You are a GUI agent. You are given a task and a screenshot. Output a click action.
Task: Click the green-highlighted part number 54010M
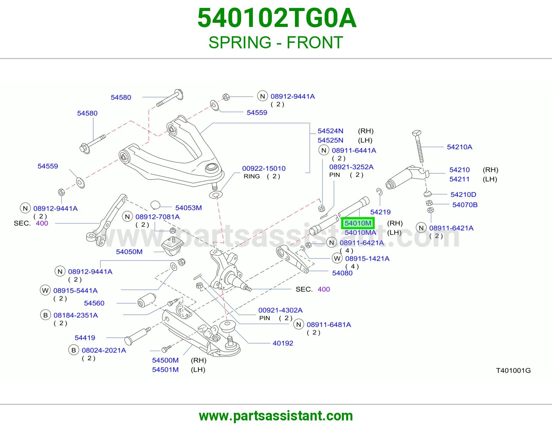[x=358, y=223]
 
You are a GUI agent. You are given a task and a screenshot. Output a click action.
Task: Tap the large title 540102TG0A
[x=277, y=18]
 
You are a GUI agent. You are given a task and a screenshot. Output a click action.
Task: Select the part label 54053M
[x=188, y=208]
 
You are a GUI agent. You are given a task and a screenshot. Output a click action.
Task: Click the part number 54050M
[x=129, y=252]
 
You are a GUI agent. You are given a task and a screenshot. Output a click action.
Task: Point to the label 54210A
[x=460, y=147]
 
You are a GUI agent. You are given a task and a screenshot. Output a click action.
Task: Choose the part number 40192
[x=283, y=343]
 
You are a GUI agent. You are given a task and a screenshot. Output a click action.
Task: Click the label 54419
[x=85, y=338]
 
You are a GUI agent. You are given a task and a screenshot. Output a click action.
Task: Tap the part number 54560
[x=94, y=303]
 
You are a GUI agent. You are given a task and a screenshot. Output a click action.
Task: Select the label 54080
[x=342, y=273]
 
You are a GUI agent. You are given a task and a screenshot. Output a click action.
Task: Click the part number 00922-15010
[x=264, y=168]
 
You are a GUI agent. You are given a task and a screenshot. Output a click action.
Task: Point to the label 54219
[x=380, y=212]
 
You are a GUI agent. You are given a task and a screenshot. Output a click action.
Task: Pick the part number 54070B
[x=465, y=205]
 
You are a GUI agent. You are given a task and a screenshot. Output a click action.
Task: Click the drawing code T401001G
[x=513, y=370]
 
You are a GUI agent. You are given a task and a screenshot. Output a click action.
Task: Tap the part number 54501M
[x=165, y=370]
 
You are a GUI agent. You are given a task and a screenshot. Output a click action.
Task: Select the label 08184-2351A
[x=76, y=315]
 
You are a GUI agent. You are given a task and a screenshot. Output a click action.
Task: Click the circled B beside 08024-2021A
[x=74, y=350]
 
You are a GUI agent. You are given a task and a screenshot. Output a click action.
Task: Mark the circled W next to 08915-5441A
[x=45, y=291]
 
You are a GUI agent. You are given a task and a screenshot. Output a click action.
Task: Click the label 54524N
[x=330, y=131]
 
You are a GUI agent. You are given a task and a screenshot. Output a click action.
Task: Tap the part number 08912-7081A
[x=158, y=217]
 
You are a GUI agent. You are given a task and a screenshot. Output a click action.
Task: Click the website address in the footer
[x=276, y=416]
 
